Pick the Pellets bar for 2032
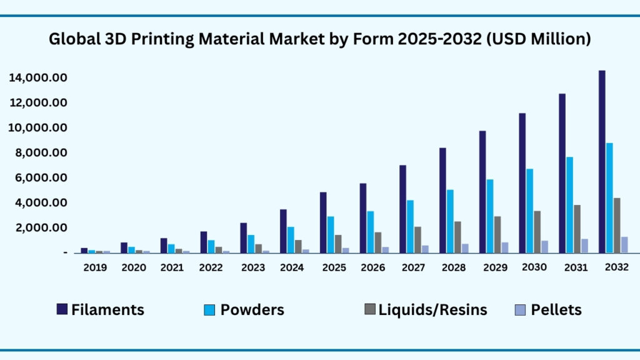pos(624,244)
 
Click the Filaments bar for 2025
pos(323,222)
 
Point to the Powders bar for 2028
pos(450,221)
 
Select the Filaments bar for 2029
pos(482,191)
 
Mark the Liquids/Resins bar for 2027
pos(417,239)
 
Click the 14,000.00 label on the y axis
pos(38,78)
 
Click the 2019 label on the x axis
pos(95,267)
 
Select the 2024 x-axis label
pos(292,267)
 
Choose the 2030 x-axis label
pos(534,267)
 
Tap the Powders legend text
pos(252,309)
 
